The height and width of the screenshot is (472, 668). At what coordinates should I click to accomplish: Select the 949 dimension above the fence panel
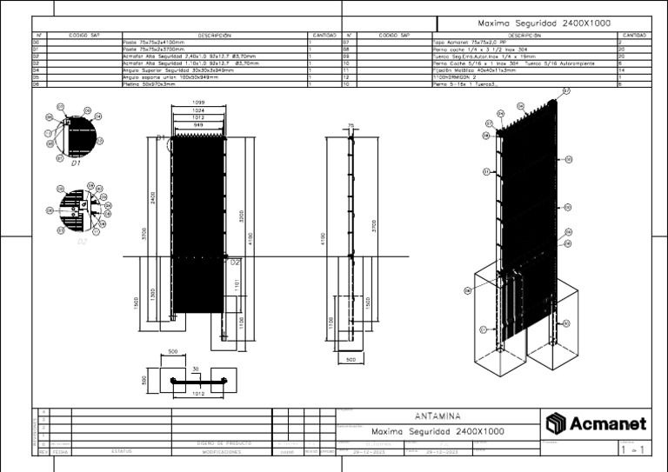point(198,125)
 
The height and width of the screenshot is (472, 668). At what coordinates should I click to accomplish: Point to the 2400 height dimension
point(154,197)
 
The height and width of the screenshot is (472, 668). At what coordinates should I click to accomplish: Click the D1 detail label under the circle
point(76,163)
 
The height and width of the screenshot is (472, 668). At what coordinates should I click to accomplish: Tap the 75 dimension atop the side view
point(351,125)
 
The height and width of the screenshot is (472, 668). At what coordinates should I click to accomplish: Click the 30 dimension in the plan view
point(196,369)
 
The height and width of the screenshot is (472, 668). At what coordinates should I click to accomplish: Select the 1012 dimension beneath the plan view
point(197,394)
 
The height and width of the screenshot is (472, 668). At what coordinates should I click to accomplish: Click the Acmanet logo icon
point(556,423)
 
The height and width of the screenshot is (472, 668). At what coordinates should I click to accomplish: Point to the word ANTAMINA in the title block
point(439,417)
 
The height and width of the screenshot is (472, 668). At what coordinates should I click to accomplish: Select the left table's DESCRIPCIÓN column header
point(214,36)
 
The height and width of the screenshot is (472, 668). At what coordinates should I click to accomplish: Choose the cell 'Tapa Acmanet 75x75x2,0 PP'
point(469,42)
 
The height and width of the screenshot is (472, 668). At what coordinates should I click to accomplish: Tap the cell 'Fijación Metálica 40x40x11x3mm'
point(474,70)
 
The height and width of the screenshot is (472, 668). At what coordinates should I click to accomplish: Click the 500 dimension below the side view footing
point(351,358)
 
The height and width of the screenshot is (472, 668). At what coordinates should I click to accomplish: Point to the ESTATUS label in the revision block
point(122,451)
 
